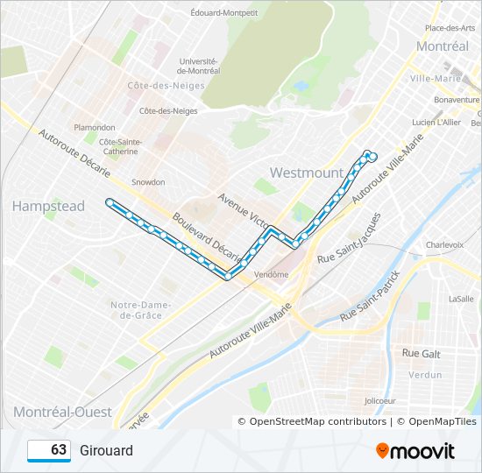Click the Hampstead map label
48,206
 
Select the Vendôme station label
271,274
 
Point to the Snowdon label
148,182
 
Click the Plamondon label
95,127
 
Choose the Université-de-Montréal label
197,66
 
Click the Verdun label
426,375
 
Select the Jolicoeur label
379,401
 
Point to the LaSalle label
461,299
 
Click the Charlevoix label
444,245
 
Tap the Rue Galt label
421,353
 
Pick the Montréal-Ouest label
62,412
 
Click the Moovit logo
415,451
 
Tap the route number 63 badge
49,450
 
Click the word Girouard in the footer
106,451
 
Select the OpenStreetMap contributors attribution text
317,421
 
